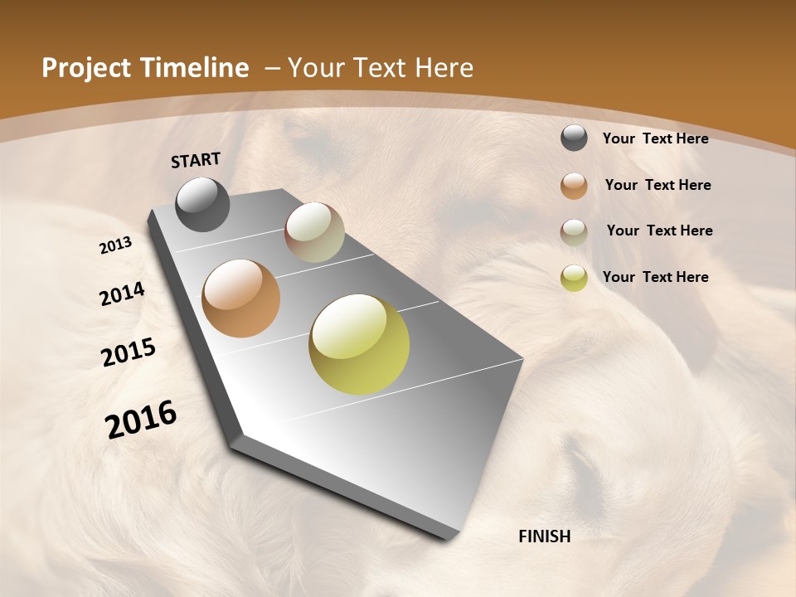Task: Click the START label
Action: coord(196,160)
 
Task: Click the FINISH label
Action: coord(545,536)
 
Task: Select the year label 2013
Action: coord(116,245)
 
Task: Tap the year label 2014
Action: coord(122,294)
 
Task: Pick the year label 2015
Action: coord(129,352)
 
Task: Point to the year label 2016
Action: coord(141,419)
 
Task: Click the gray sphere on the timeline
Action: coord(202,204)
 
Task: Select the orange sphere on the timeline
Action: coord(240,298)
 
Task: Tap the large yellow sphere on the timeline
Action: coord(359,344)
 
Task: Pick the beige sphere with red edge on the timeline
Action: coord(314,232)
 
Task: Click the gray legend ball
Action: coord(574,138)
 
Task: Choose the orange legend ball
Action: coord(574,186)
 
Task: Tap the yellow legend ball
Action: coord(574,278)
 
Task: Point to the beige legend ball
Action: coord(574,232)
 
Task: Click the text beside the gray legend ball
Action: coord(655,138)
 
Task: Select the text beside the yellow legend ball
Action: coord(655,277)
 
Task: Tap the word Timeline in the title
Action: coord(196,68)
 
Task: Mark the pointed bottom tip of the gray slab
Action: coord(452,537)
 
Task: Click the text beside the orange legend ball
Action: coord(658,185)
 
